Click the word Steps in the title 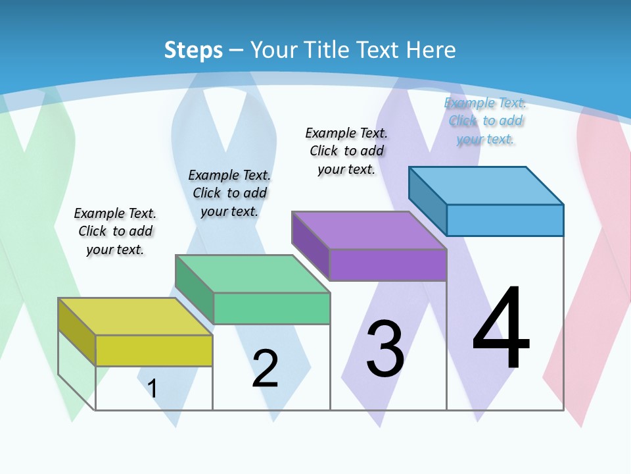tap(193, 50)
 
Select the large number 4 tap(501, 329)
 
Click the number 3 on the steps tap(385, 349)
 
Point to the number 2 tap(265, 369)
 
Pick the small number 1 tap(152, 388)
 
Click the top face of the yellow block tap(135, 317)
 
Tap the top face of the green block tap(252, 274)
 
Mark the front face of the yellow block tap(154, 350)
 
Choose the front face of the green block tap(271, 308)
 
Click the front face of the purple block tap(388, 265)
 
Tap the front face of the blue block tap(505, 220)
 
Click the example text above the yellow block tap(115, 231)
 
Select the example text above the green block tap(229, 193)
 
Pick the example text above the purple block tap(346, 151)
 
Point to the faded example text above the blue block tap(485, 120)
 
